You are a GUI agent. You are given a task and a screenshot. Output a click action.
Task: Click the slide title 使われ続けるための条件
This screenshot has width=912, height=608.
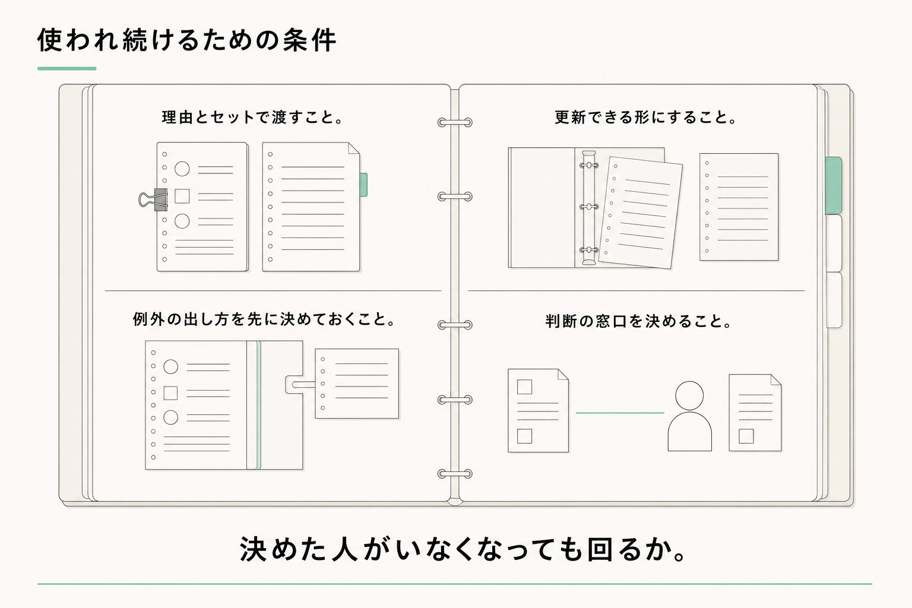click(186, 40)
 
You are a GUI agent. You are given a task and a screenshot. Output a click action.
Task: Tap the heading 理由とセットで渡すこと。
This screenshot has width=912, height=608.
click(252, 118)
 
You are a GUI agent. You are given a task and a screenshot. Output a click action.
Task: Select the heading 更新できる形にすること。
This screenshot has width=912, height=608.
click(646, 118)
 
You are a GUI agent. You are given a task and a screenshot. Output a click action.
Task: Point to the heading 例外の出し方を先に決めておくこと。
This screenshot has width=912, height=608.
click(264, 319)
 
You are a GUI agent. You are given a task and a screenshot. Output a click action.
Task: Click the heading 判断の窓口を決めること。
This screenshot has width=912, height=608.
click(638, 321)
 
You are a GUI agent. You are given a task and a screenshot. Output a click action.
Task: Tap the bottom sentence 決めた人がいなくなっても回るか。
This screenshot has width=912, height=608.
click(463, 549)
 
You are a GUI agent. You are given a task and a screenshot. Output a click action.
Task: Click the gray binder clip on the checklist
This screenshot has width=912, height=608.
click(153, 199)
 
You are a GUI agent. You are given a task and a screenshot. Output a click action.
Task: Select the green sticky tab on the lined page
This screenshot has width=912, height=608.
click(363, 185)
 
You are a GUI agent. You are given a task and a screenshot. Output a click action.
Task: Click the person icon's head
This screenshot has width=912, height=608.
click(689, 395)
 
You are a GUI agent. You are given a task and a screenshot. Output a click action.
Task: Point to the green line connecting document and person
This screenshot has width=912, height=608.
click(620, 413)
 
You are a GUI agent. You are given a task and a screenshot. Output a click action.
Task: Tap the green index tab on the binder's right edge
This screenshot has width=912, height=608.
click(834, 185)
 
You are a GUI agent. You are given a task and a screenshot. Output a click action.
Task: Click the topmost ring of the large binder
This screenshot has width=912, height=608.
click(455, 122)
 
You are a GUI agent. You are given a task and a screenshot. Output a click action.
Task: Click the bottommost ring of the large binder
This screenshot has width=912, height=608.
click(455, 474)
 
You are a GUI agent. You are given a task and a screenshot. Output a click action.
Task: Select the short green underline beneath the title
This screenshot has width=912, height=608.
click(66, 68)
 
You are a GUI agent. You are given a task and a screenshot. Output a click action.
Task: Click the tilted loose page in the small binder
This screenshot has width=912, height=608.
click(641, 213)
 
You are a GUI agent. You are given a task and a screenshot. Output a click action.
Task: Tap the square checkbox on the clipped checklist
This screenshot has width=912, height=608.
click(182, 197)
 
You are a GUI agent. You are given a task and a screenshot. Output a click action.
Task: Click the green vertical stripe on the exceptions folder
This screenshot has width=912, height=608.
click(258, 405)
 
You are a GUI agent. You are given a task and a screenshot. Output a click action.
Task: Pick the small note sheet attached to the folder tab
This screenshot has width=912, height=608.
click(357, 384)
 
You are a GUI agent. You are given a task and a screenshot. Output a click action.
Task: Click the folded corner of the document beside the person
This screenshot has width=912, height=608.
click(776, 379)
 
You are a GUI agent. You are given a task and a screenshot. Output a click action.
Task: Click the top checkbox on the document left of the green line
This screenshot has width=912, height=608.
click(524, 387)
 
